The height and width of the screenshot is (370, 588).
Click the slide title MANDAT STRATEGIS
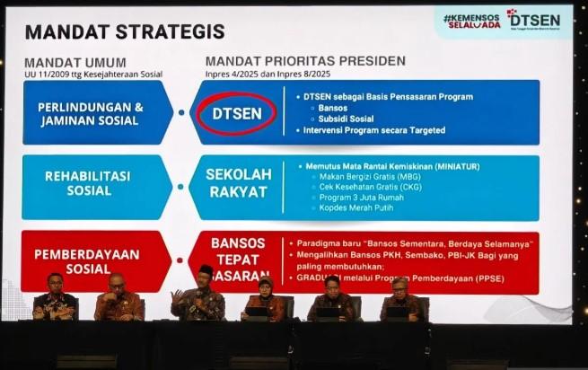[x=125, y=31]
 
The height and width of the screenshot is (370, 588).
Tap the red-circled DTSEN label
[x=236, y=113]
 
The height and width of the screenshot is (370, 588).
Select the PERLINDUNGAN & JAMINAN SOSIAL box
[x=91, y=113]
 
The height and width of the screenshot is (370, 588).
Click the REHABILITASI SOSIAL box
[x=90, y=183]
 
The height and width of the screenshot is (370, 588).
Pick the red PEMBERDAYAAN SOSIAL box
[x=90, y=260]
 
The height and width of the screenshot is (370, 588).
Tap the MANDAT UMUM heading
[x=75, y=62]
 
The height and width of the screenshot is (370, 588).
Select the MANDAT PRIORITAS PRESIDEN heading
[x=305, y=61]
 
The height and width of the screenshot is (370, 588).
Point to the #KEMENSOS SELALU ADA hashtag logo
[x=470, y=21]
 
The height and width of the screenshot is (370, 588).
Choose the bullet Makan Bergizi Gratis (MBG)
[x=358, y=176]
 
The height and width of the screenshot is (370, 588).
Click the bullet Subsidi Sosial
[x=348, y=119]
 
